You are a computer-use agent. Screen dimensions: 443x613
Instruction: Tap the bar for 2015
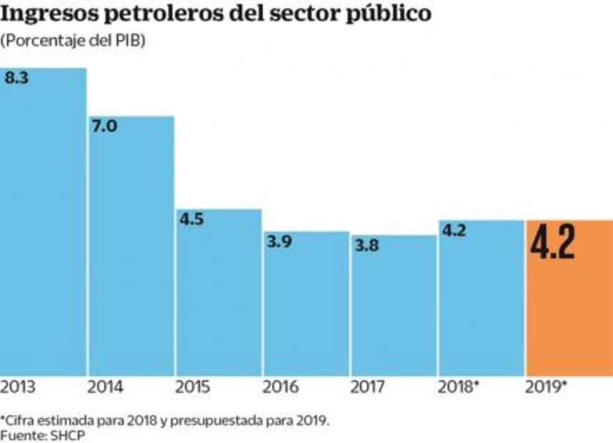pos(219,292)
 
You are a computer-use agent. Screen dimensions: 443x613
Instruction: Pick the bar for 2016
pos(306,303)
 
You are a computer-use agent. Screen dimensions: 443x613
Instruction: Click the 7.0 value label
pos(104,127)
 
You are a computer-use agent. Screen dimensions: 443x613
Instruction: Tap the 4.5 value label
pos(192,219)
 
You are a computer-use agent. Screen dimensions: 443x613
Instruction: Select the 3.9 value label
pos(279,242)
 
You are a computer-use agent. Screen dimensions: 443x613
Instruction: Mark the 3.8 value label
pos(367,245)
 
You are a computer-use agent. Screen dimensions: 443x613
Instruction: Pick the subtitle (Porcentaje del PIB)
pos(73,41)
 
